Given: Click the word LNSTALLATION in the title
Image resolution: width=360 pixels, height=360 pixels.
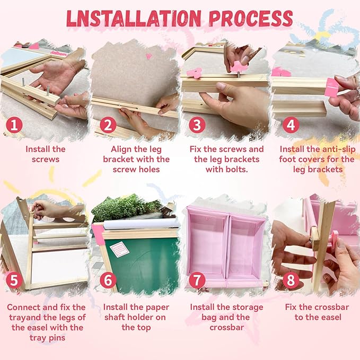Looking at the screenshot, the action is click(134, 19).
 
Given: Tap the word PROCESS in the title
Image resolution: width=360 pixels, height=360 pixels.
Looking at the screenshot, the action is click(251, 19).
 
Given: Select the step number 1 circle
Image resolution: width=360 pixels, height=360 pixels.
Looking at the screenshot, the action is click(14, 125).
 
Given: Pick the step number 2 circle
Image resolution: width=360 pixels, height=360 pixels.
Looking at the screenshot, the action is click(108, 125).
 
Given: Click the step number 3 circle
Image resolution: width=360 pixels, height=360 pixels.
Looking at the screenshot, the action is click(197, 125).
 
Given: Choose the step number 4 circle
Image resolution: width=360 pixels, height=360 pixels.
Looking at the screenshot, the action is click(291, 125).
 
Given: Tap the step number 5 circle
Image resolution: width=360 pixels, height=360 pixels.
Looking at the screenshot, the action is click(14, 280).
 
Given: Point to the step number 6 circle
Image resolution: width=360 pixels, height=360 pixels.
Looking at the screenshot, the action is click(108, 280).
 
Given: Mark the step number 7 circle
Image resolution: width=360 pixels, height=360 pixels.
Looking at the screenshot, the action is click(197, 280).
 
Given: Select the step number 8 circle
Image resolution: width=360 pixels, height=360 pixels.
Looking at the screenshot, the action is click(291, 280).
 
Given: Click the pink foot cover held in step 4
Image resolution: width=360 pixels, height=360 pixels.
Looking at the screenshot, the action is click(332, 87).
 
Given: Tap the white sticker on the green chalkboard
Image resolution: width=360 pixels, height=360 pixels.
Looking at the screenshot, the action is click(119, 250).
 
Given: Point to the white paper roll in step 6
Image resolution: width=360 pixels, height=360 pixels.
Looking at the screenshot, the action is click(142, 224).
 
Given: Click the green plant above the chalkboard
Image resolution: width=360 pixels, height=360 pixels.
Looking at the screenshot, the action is click(126, 207).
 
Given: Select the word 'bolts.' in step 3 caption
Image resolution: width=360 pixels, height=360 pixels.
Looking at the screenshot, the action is click(238, 170).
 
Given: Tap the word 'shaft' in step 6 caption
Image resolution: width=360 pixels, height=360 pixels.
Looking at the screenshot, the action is click(115, 317).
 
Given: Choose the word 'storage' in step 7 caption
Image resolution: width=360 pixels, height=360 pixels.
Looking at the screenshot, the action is click(249, 308).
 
